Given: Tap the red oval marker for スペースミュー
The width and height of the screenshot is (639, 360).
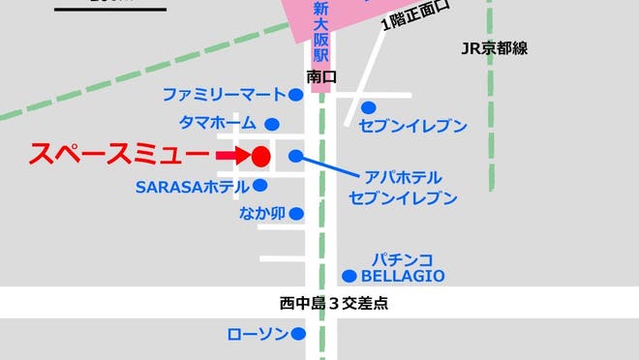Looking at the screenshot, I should pyautogui.click(x=259, y=156).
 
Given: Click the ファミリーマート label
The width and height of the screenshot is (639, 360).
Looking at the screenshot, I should pyautogui.click(x=224, y=95).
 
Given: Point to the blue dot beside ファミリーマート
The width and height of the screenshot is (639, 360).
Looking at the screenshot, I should pyautogui.click(x=295, y=95).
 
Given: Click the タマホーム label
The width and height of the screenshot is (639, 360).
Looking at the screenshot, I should pyautogui.click(x=218, y=123).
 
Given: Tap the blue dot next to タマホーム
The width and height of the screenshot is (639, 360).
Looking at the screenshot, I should pyautogui.click(x=272, y=124).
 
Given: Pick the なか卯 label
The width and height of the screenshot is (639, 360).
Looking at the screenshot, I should pyautogui.click(x=261, y=214).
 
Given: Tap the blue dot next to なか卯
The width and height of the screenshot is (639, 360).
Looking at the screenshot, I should pyautogui.click(x=295, y=214).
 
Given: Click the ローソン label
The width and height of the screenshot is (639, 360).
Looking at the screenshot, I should pyautogui.click(x=257, y=334).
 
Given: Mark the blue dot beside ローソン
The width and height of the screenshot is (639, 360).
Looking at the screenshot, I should pyautogui.click(x=298, y=334).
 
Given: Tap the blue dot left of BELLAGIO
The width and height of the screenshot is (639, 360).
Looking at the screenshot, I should pyautogui.click(x=349, y=276).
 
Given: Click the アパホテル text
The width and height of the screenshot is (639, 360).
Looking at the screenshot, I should pyautogui.click(x=404, y=177).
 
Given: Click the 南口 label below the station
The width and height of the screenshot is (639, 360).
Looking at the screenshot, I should pyautogui.click(x=320, y=74).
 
